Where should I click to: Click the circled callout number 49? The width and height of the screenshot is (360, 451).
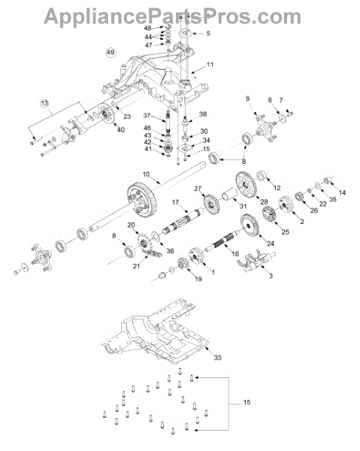[x=110, y=53]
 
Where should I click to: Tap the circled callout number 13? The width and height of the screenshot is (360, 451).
[x=44, y=103]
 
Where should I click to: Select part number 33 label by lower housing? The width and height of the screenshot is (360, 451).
[x=218, y=358]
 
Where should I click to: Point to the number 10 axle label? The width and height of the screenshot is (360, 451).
[x=146, y=174]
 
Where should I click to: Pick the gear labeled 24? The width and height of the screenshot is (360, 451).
[x=250, y=225]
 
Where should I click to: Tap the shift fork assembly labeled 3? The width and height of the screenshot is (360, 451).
[x=256, y=261]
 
